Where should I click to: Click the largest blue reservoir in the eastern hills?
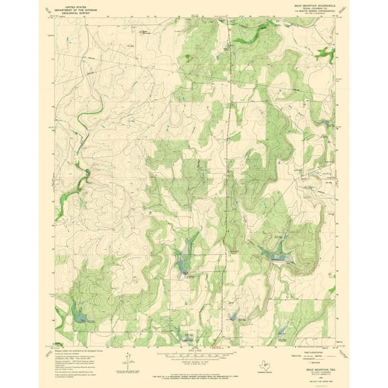277,255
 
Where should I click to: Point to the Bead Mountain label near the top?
142,30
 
